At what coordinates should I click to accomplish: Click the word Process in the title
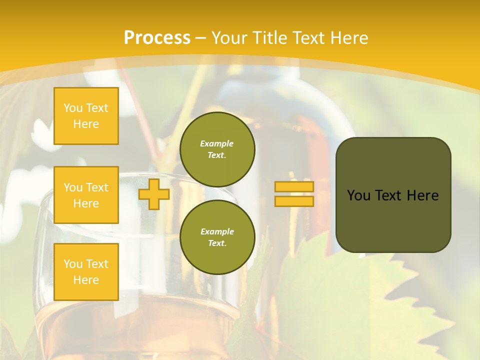click(x=157, y=38)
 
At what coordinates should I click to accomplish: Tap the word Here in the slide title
click(x=346, y=38)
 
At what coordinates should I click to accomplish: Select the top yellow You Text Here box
click(x=86, y=116)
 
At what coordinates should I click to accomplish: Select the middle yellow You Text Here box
click(x=86, y=195)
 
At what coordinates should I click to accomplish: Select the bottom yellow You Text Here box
click(x=86, y=272)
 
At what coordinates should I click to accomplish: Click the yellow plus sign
click(x=154, y=194)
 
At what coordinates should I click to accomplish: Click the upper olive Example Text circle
click(x=217, y=149)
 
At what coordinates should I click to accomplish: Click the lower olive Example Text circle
click(x=217, y=237)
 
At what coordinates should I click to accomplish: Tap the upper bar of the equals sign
click(x=294, y=187)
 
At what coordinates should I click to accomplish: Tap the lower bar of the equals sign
click(x=294, y=201)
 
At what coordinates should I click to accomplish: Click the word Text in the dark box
click(x=388, y=195)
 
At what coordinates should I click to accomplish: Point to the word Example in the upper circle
click(x=217, y=143)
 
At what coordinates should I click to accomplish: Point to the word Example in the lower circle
click(x=217, y=231)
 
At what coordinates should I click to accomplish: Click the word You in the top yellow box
click(x=73, y=108)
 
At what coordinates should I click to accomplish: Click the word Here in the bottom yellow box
click(x=86, y=280)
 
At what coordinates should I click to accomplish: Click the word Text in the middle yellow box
click(x=97, y=187)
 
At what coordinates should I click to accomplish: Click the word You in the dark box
click(x=358, y=195)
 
